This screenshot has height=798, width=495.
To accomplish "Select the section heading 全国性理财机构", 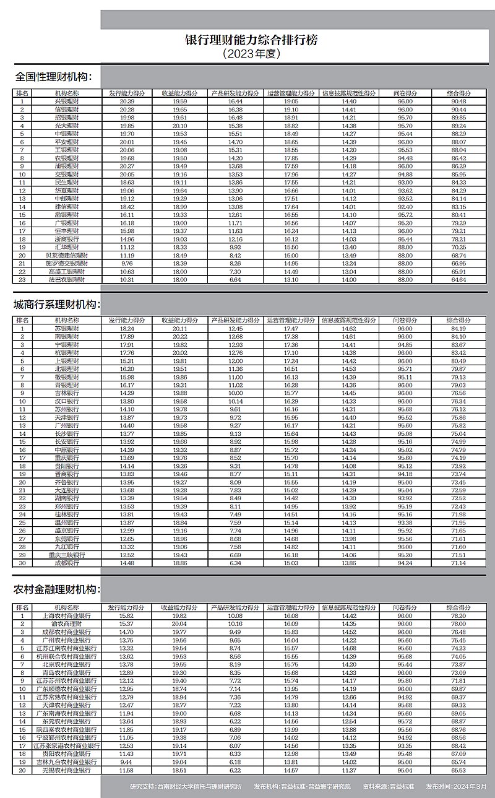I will click(x=53, y=77).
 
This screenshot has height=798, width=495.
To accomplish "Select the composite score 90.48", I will click(x=459, y=101).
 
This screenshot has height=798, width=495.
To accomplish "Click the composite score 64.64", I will click(x=459, y=279).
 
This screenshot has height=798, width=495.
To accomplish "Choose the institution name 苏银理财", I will click(x=66, y=329).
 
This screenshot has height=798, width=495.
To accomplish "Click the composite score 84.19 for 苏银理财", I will click(x=459, y=329).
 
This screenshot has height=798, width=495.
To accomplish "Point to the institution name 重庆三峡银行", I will click(x=66, y=555).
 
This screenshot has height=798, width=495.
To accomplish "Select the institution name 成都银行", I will click(x=66, y=563).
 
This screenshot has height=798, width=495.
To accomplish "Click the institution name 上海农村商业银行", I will click(x=66, y=616).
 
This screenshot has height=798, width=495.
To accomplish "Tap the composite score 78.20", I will click(x=459, y=616).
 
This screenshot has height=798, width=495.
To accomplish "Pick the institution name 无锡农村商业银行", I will click(x=66, y=770).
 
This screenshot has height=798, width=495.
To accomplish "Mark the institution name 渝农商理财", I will click(x=66, y=624).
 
